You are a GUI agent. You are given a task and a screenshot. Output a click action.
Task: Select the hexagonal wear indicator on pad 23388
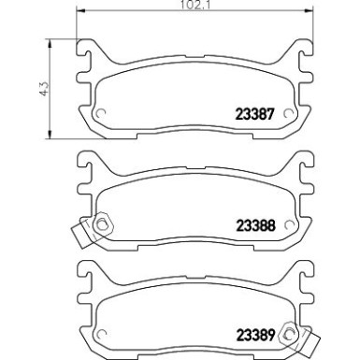point(101,224)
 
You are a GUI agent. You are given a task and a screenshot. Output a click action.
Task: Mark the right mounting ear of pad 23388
point(302,168)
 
